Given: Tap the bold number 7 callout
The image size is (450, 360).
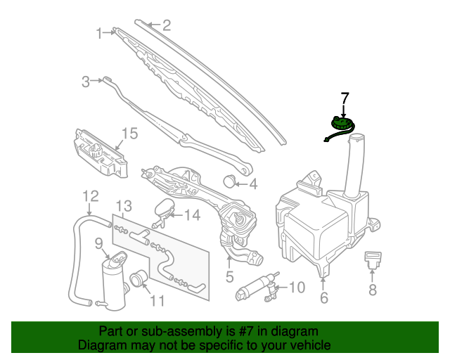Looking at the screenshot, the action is (x=345, y=98).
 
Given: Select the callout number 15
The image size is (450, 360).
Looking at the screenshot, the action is (x=129, y=134).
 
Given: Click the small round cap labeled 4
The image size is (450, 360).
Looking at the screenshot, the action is (x=229, y=181).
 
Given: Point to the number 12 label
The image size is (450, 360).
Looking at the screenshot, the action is (x=91, y=196).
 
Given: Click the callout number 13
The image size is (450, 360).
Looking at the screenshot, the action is (x=124, y=206).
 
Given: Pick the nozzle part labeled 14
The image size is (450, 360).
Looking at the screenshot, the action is (x=164, y=213).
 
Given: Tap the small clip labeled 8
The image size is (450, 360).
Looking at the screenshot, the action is (x=373, y=260).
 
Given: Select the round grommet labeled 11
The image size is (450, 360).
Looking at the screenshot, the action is (x=139, y=278).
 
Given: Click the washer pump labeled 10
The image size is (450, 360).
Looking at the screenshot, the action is (x=257, y=288).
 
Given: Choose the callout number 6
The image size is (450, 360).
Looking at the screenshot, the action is (x=323, y=297).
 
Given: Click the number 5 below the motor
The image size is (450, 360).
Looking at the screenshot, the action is (x=230, y=277).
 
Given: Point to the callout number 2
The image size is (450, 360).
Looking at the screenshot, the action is (x=167, y=25).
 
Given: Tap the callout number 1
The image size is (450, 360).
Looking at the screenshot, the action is (x=99, y=34).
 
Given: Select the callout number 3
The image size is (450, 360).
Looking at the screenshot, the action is (x=86, y=82).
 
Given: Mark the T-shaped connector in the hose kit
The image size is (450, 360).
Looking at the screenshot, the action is (x=139, y=237).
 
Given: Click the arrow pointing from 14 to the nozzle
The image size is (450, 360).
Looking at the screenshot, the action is (x=176, y=215).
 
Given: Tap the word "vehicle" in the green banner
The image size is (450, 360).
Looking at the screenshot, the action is (x=311, y=345).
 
